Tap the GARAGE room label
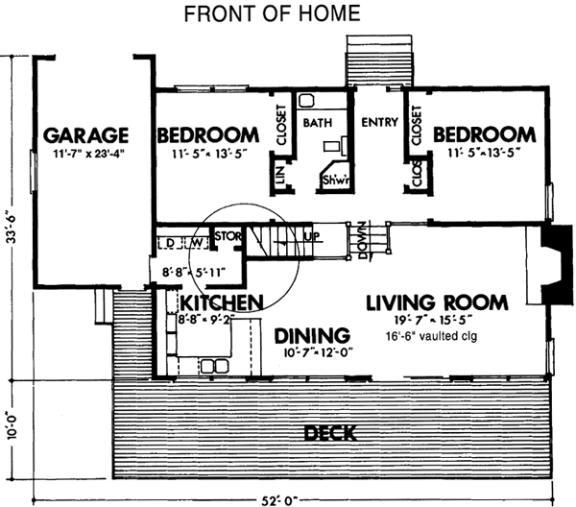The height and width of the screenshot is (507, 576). (x=85, y=133)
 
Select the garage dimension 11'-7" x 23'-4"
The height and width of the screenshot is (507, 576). (x=85, y=152)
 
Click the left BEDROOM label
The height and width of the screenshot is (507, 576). (x=208, y=133)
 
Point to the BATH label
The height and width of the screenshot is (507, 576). (x=317, y=123)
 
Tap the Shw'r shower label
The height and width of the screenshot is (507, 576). (x=334, y=180)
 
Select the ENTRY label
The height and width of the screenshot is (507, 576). (x=379, y=123)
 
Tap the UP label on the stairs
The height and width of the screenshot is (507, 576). (x=310, y=235)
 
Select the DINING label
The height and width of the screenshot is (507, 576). (x=311, y=335)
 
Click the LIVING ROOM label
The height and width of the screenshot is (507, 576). (x=437, y=303)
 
